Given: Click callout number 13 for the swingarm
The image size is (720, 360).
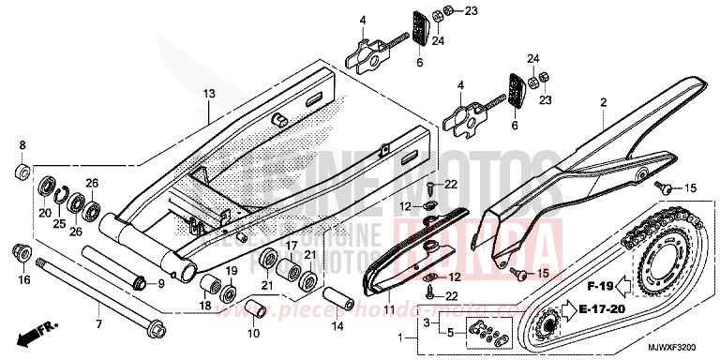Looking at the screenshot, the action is pos(208,94).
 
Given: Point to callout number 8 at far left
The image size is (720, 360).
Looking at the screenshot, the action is pos(23,145).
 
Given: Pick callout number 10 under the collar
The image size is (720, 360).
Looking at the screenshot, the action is pos(253,333).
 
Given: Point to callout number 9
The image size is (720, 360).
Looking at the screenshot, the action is pos(160,283).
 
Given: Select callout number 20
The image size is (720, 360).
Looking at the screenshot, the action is pos(44,212).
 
